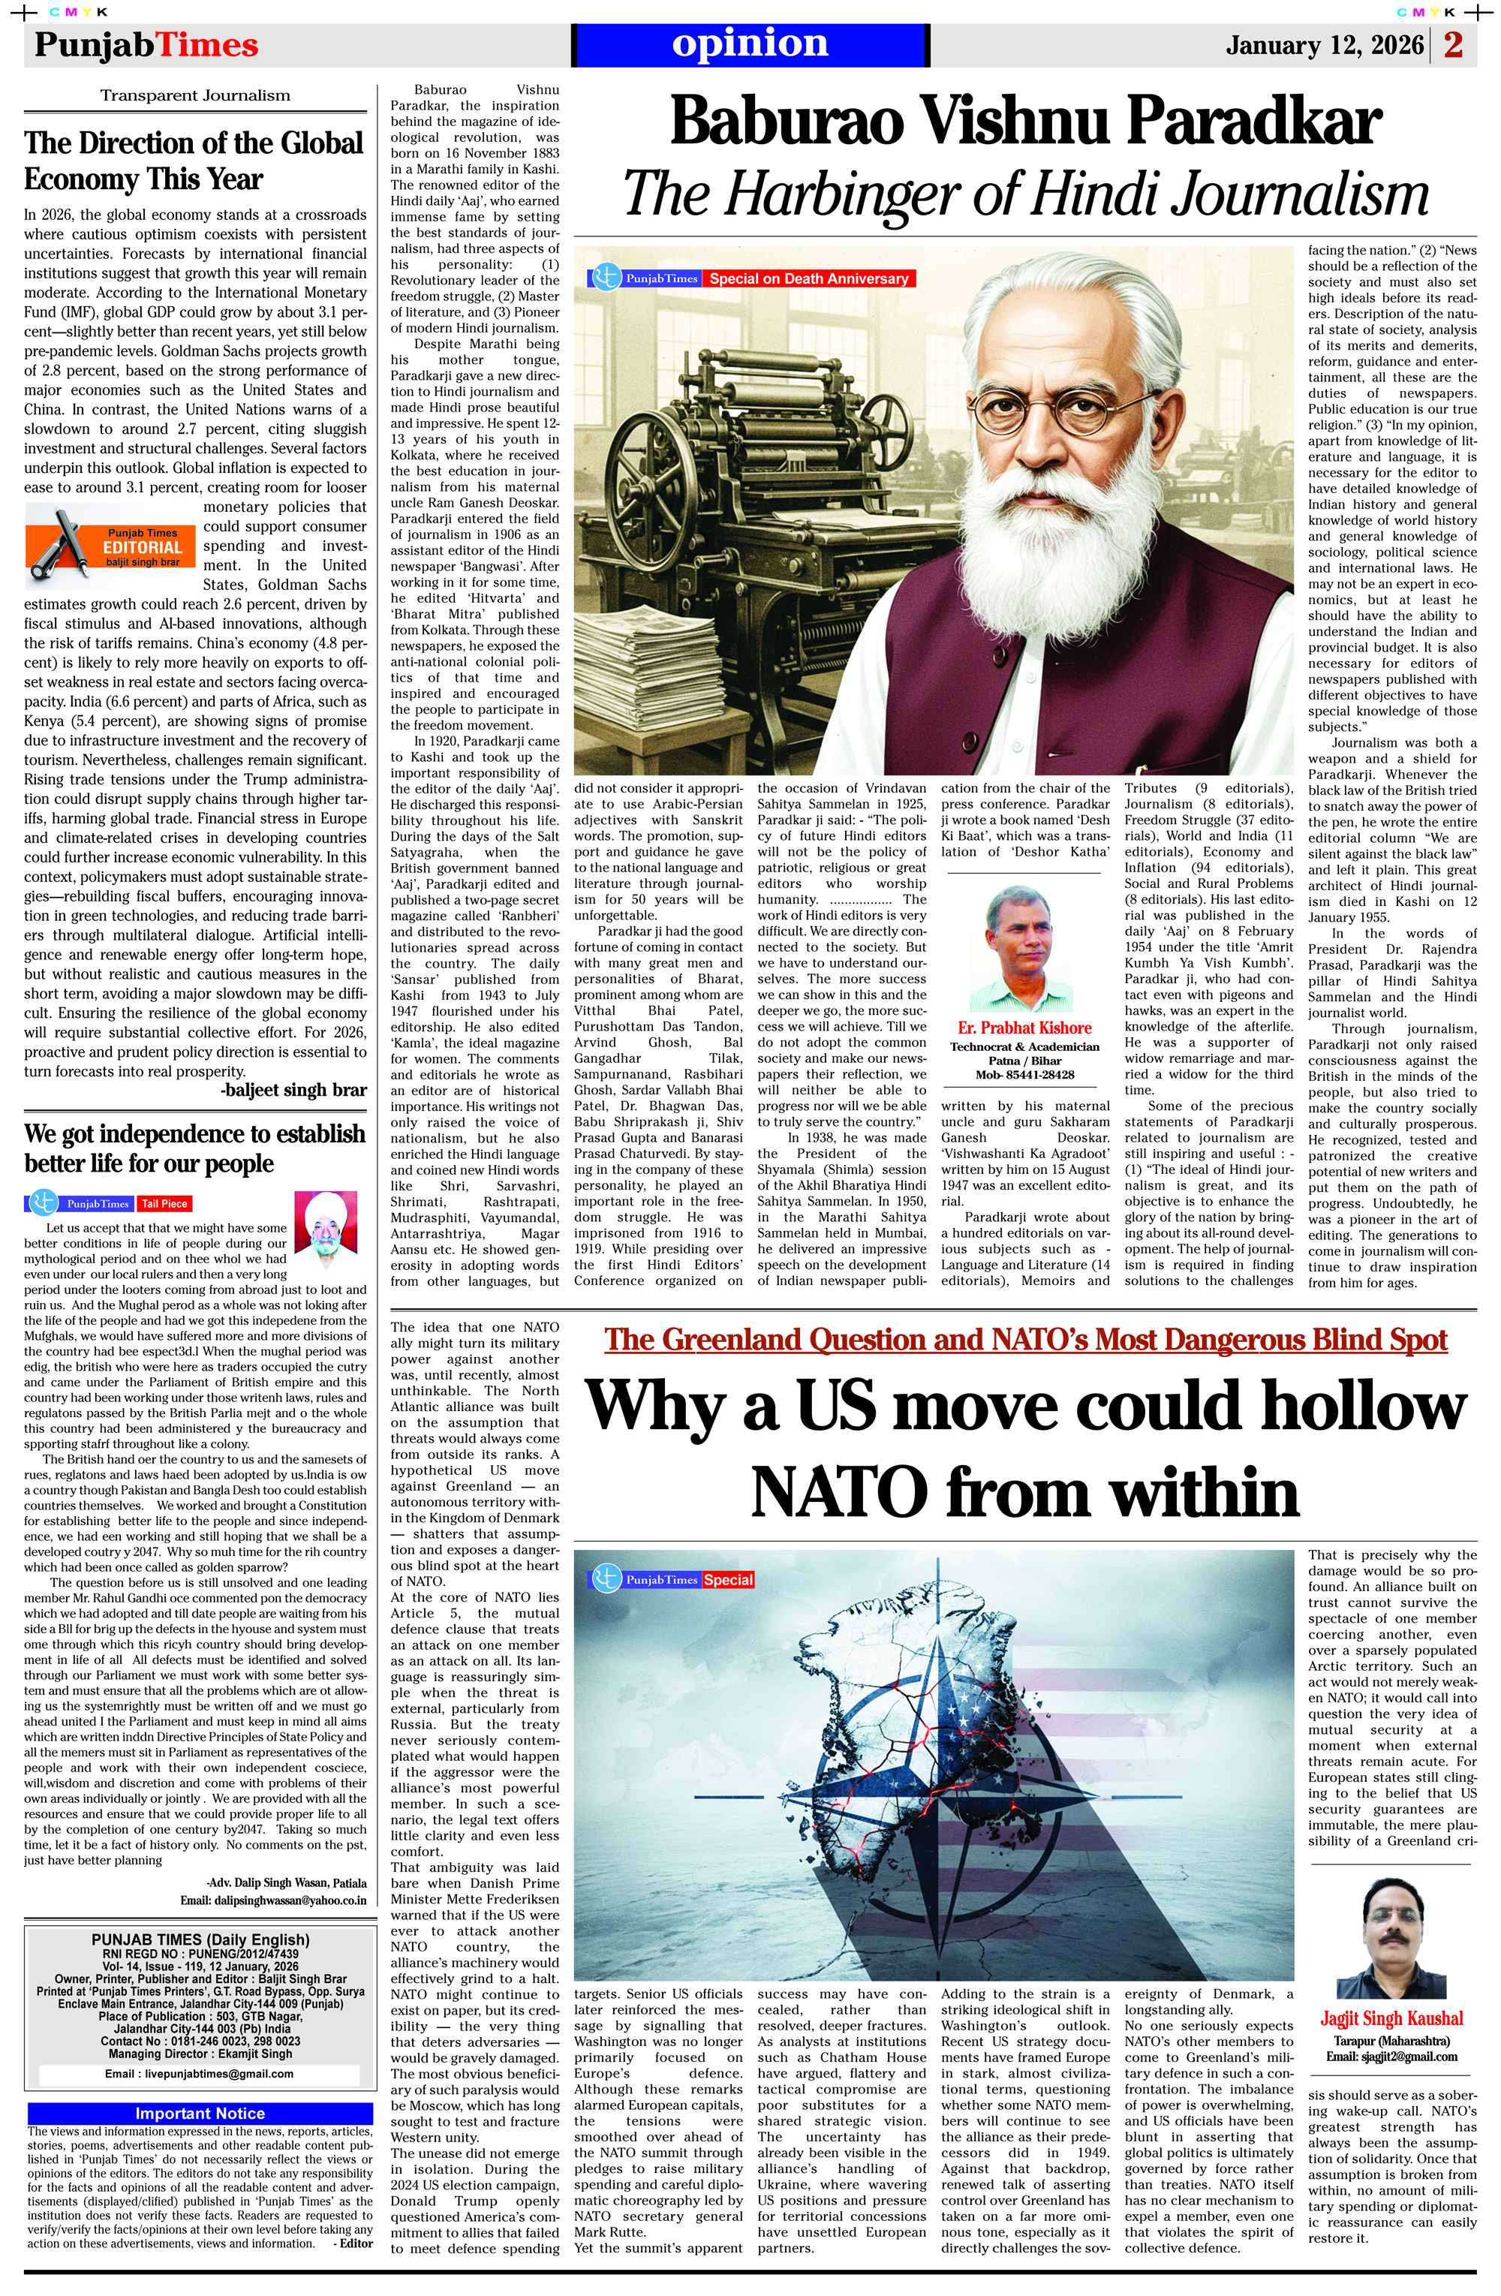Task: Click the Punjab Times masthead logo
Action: pos(146,45)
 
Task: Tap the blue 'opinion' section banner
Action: pos(750,44)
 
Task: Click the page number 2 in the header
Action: pos(1453,45)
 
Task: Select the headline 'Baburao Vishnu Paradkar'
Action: pos(1024,122)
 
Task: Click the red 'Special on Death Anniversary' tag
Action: pos(808,278)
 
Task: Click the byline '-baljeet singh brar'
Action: pos(293,1090)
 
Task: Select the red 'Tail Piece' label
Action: pos(164,1204)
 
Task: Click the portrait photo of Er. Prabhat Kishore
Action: pos(1022,948)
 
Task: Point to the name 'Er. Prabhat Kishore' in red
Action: pos(1024,1028)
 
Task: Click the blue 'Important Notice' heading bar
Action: pos(200,2114)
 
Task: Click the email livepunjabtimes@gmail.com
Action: pos(199,2074)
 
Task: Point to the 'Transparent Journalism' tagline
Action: pos(195,95)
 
